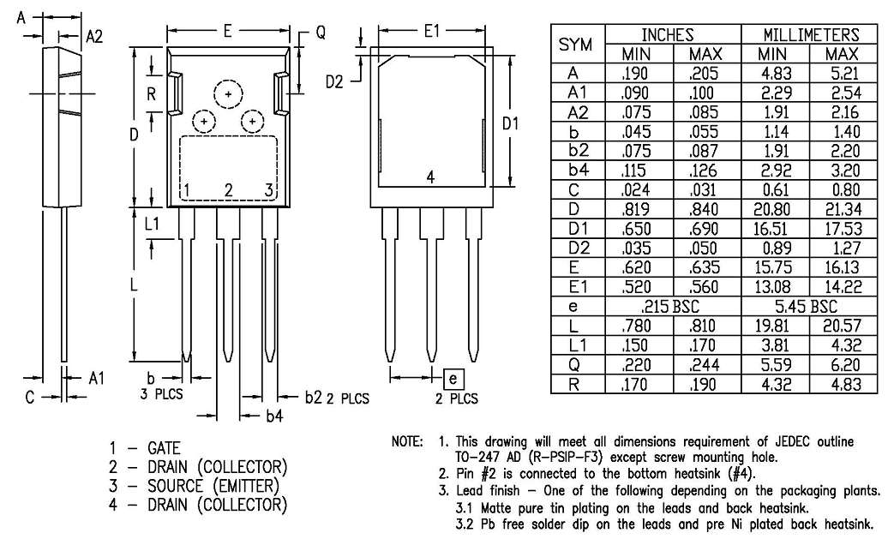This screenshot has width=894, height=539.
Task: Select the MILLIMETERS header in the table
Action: [x=811, y=35]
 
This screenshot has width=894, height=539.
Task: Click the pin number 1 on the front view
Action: [x=185, y=189]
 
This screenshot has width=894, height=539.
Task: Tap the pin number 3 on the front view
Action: [x=268, y=189]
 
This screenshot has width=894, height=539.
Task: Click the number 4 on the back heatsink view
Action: [x=431, y=177]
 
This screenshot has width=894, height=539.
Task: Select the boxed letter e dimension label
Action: [x=454, y=377]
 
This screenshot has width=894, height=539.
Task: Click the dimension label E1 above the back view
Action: [x=431, y=32]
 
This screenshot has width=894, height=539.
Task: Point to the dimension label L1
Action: [x=152, y=225]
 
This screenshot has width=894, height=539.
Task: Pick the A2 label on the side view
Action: [x=93, y=35]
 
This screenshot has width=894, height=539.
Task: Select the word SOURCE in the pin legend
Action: [x=175, y=486]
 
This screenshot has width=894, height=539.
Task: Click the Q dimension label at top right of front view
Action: [x=320, y=33]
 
